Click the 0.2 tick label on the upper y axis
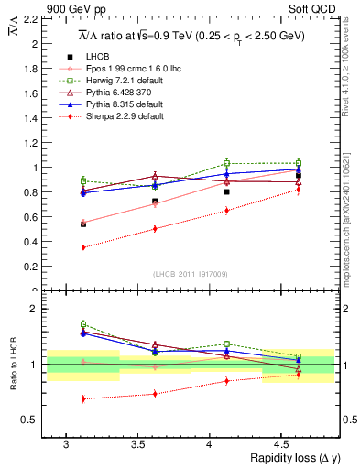pos(30,267)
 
